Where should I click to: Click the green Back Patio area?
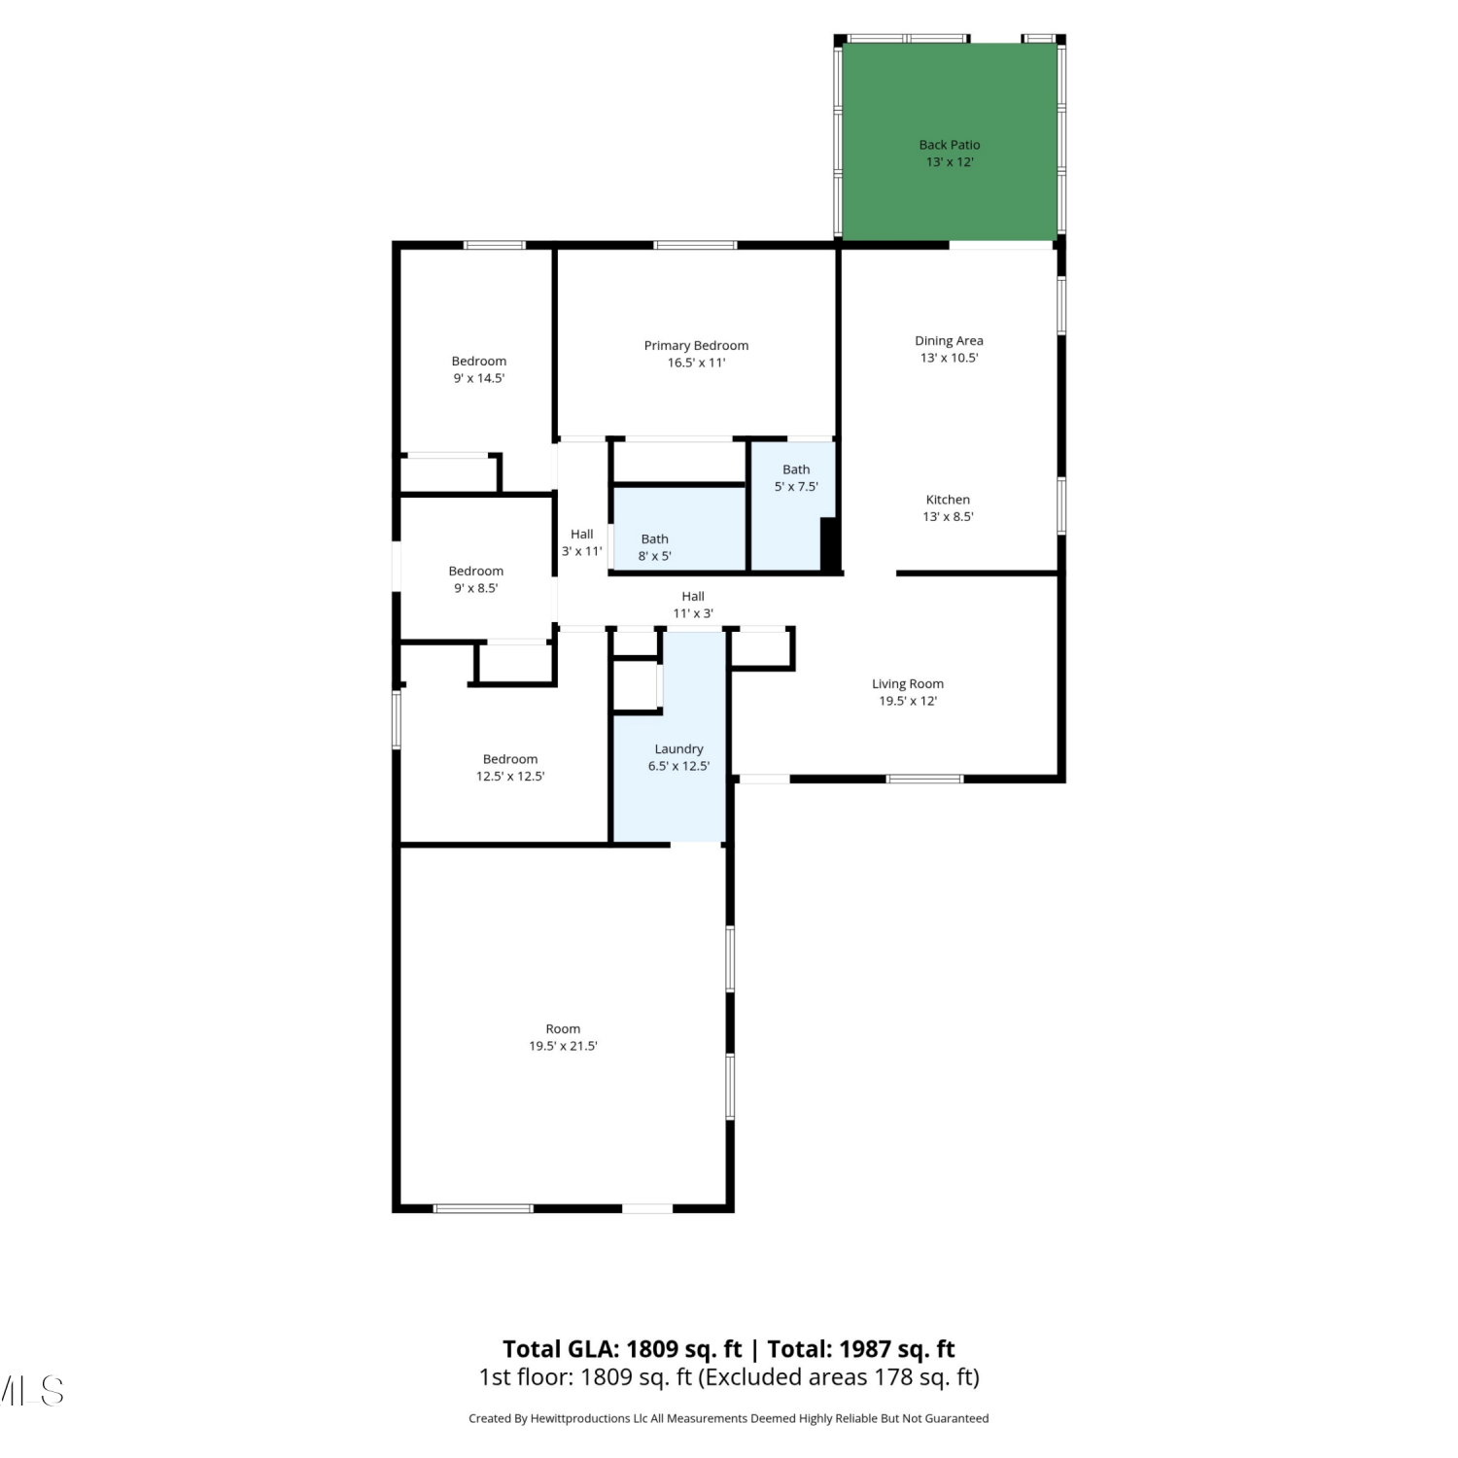[x=949, y=142]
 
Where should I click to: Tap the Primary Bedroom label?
[x=696, y=354]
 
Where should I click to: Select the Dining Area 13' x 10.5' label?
[x=949, y=349]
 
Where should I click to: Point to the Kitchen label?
[x=948, y=508]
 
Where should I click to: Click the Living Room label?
[x=908, y=692]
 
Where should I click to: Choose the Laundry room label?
[x=678, y=757]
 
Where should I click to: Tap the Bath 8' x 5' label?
[x=654, y=547]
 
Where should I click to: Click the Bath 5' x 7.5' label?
[x=796, y=478]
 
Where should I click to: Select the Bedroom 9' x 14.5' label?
[x=479, y=369]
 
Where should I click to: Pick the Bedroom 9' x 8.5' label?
[x=476, y=579]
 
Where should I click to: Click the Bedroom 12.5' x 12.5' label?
[x=510, y=768]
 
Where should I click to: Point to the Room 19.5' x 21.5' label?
[x=563, y=1037]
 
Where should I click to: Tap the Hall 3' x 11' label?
[x=581, y=542]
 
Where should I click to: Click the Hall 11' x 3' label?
[x=693, y=605]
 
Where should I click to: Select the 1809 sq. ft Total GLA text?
[x=683, y=1349]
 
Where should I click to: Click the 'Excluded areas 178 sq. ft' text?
[x=838, y=1377]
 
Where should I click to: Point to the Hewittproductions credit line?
[x=729, y=1418]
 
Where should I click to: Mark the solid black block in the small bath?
[x=830, y=544]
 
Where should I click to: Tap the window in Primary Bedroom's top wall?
[x=695, y=245]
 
